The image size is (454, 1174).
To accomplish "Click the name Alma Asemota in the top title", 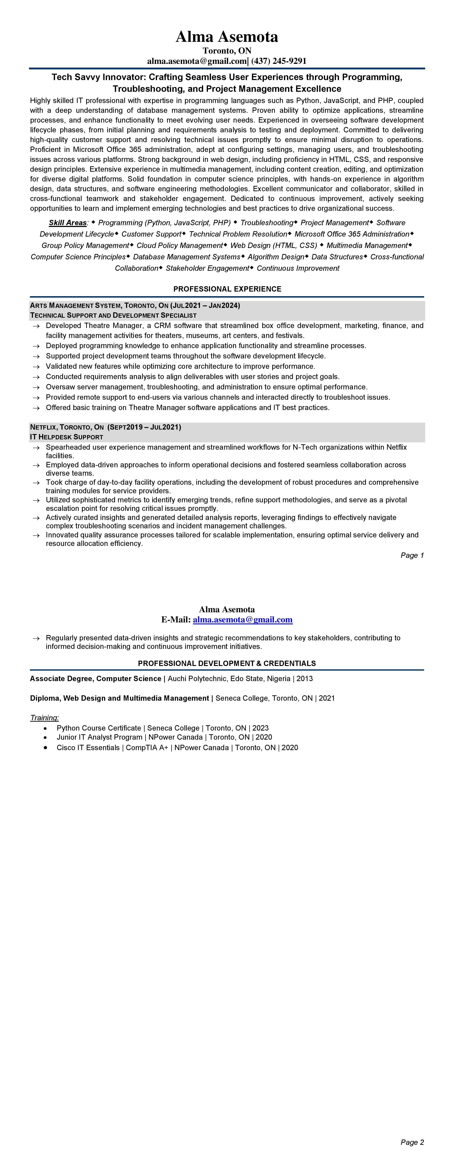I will (227, 36).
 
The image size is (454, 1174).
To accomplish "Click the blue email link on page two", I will (243, 620).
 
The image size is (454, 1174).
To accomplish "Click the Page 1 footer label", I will (412, 555).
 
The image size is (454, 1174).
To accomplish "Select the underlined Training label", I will (44, 718).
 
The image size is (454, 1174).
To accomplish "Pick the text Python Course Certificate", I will (99, 728).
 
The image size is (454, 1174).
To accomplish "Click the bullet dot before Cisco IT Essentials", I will (45, 748).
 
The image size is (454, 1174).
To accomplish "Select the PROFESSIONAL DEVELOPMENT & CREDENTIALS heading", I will (227, 663).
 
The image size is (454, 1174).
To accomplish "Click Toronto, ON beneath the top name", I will (227, 51).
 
